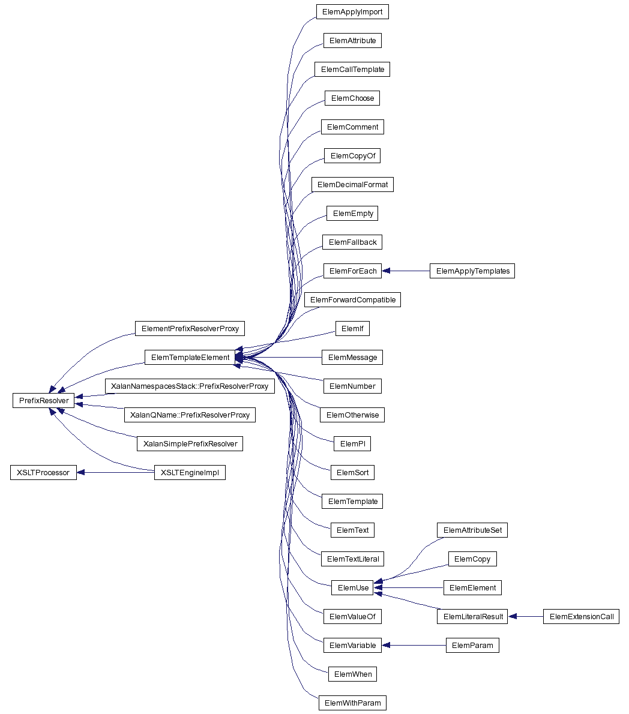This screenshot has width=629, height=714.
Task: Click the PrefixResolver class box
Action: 43,400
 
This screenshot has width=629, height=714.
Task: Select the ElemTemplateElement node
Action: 190,357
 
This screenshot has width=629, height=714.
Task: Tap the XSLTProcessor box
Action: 43,472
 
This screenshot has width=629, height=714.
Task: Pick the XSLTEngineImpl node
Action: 190,472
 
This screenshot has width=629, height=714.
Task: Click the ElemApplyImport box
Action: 352,11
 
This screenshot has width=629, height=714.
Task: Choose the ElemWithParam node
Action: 352,703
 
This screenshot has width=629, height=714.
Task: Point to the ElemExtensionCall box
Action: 581,616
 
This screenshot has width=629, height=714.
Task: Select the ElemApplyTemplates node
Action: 472,271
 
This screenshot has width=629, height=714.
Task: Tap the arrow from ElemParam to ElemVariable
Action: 414,645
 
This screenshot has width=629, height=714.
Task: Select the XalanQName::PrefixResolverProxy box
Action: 190,415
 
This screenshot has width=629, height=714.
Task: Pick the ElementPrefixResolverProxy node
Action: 190,328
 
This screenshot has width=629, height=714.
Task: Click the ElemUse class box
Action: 353,587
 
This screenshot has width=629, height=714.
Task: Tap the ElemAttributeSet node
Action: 472,530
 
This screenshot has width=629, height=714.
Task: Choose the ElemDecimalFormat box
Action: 352,184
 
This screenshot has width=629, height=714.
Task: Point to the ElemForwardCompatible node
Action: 352,299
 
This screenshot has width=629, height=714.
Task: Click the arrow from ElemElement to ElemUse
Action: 409,587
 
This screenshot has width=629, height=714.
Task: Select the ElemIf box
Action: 352,328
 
